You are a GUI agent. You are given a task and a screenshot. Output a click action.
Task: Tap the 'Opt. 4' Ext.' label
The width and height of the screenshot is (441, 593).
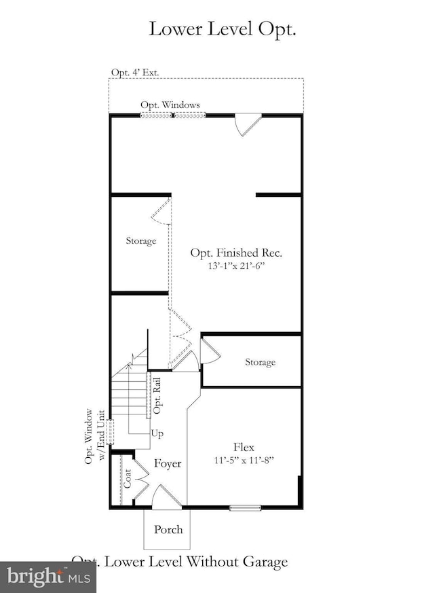tap(136, 73)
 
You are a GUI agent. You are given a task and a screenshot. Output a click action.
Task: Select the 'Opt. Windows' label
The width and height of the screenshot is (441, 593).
tap(170, 105)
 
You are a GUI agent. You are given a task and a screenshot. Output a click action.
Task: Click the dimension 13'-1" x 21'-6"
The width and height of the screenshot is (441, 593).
tap(235, 266)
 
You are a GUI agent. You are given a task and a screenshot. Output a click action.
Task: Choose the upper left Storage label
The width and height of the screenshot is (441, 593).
tap(140, 240)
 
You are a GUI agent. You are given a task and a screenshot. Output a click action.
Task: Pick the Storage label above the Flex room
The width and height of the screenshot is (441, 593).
tap(260, 362)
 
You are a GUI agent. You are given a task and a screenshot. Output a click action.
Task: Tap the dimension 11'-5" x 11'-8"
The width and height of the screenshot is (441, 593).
tap(244, 460)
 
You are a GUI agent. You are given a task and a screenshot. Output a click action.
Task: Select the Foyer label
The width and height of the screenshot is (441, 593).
tap(167, 464)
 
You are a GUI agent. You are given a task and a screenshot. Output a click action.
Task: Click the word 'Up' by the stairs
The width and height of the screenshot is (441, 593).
tap(157, 433)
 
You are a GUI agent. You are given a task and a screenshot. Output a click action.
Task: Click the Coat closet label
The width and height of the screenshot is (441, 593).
tap(127, 480)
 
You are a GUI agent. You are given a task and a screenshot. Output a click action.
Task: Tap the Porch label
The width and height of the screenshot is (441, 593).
tap(168, 530)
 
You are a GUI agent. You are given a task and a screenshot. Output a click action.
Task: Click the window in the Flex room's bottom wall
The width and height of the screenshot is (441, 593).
tap(244, 507)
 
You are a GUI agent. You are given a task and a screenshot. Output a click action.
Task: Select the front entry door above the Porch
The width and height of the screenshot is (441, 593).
tap(166, 497)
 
